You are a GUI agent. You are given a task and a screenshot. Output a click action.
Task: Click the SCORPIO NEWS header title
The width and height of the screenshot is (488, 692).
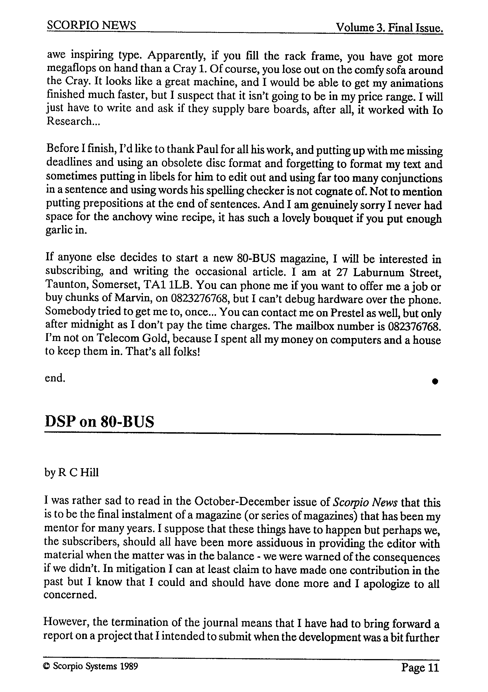point(91,25)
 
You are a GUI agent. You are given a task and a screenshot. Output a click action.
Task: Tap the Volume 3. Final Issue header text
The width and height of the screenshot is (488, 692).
point(389,28)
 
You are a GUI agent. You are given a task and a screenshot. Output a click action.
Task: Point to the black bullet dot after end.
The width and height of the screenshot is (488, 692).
point(435,381)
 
